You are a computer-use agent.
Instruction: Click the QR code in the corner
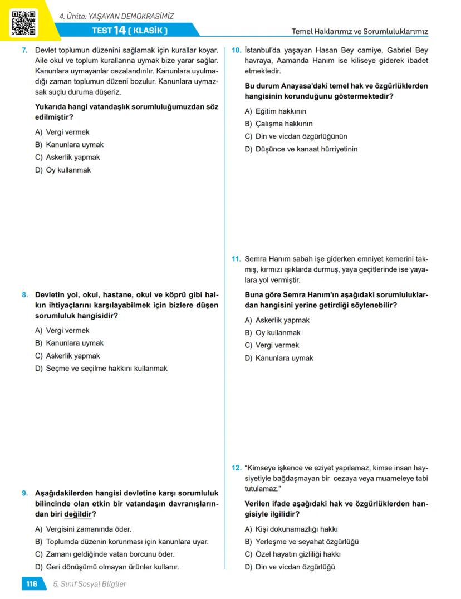23,22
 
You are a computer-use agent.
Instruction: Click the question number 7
24,50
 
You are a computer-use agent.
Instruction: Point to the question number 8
24,294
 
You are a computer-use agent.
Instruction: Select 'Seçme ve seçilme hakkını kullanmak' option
101,368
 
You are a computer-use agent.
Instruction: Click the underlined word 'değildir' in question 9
77,514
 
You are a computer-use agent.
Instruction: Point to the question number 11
236,259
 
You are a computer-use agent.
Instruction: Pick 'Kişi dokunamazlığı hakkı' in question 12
291,529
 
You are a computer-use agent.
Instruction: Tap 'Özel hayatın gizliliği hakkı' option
292,554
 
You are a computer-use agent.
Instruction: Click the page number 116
31,584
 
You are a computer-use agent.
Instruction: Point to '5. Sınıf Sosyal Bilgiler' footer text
89,584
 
